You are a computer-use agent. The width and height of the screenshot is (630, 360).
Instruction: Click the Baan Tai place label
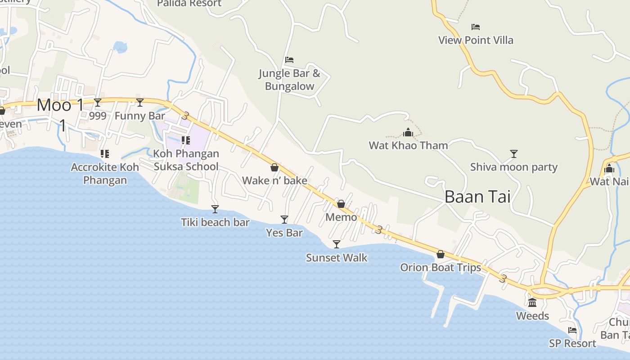coord(477,197)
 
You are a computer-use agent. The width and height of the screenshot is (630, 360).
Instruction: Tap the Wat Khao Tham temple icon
coord(408,132)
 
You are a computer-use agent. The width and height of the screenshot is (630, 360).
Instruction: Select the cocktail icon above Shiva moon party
coord(513,154)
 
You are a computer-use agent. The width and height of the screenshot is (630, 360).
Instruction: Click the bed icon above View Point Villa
coord(476,27)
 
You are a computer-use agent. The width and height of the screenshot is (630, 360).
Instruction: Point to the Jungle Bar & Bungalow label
coord(289,80)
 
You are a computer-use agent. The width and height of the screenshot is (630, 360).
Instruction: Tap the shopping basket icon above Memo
coord(341,204)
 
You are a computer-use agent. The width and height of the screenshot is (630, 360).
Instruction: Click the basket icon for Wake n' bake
coord(274,167)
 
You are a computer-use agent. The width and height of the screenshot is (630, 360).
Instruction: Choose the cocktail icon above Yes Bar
coord(284,219)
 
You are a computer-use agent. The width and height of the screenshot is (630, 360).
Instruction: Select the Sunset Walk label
coord(337,258)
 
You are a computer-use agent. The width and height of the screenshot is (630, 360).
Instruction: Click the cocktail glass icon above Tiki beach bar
coord(215,209)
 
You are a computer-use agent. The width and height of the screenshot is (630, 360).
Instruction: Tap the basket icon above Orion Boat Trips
coord(441,254)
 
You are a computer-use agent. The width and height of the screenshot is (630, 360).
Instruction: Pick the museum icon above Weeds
coord(532,302)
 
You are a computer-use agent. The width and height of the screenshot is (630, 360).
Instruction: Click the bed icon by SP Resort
coord(572,330)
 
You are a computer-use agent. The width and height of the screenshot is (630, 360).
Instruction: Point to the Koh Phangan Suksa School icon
coord(185,140)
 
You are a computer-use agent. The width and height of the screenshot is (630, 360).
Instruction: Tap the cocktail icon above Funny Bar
coord(140,103)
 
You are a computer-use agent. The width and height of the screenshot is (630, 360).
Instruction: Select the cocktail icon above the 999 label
coord(98,103)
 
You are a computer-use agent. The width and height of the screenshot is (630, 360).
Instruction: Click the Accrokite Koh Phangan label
coord(105,174)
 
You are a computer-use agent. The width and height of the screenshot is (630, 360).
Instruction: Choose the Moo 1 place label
coord(60,105)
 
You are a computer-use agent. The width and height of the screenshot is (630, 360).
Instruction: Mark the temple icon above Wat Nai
coord(609,169)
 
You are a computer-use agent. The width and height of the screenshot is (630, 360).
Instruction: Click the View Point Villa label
coord(476,40)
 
